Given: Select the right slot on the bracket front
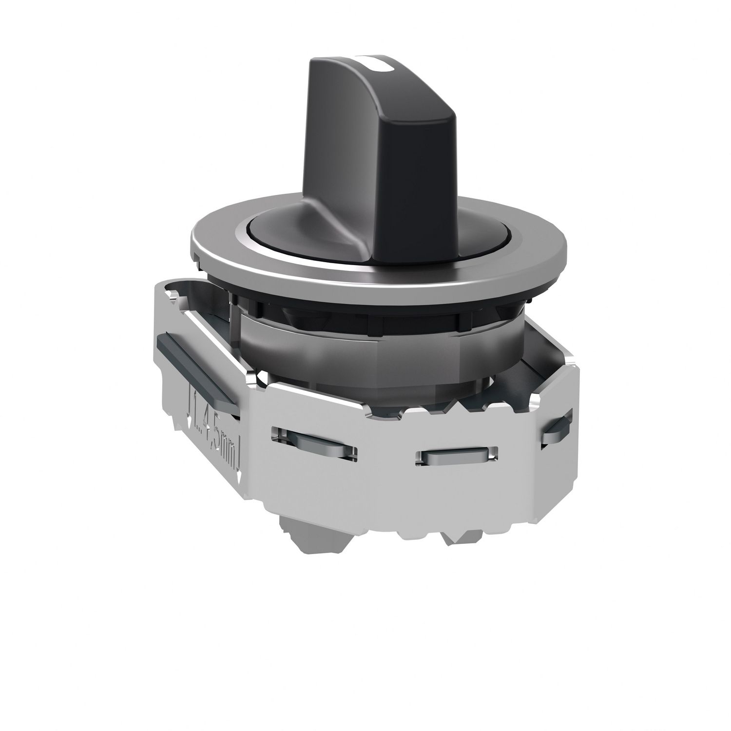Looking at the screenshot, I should tap(456, 456).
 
